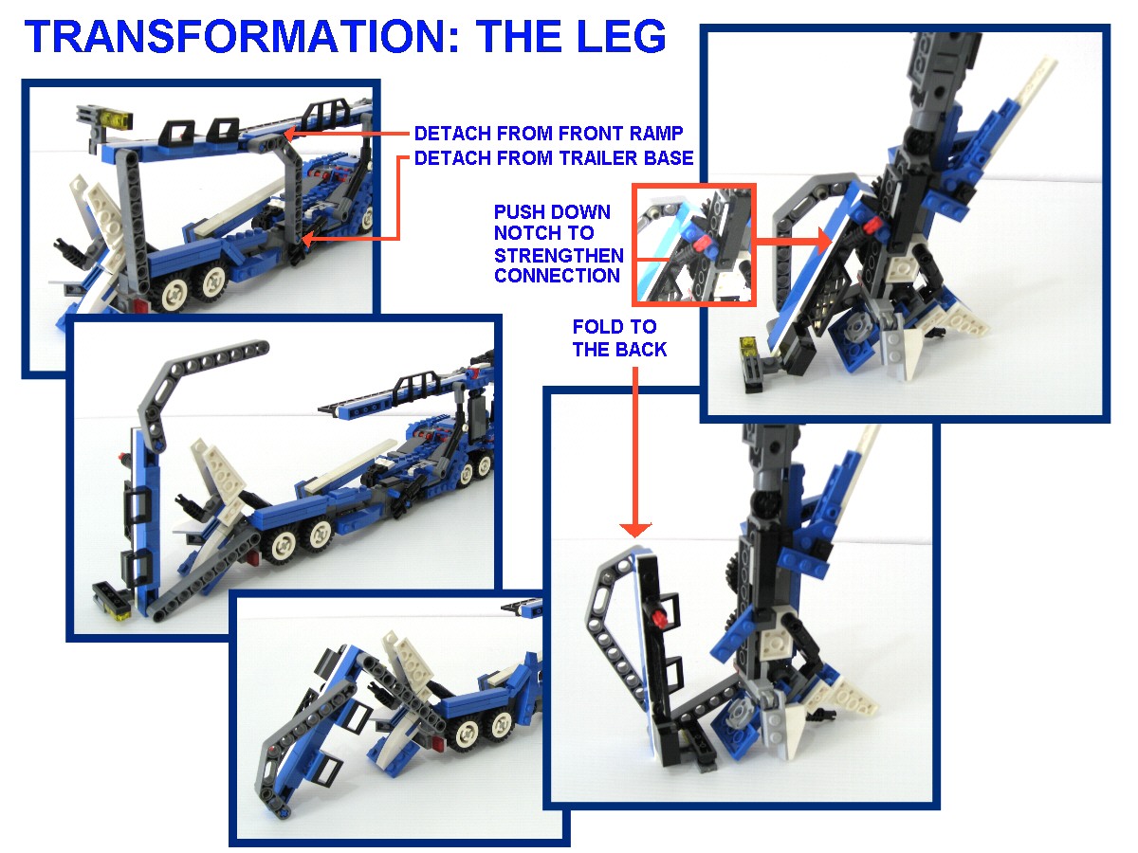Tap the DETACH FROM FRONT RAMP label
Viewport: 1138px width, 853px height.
coord(548,134)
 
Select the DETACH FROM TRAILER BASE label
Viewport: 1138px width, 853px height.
coord(554,158)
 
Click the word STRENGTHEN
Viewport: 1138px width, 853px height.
coord(559,255)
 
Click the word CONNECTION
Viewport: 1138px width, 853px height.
coord(557,276)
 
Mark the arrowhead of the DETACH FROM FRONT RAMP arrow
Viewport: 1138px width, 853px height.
coord(290,134)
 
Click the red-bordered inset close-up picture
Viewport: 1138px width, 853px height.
coord(693,245)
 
